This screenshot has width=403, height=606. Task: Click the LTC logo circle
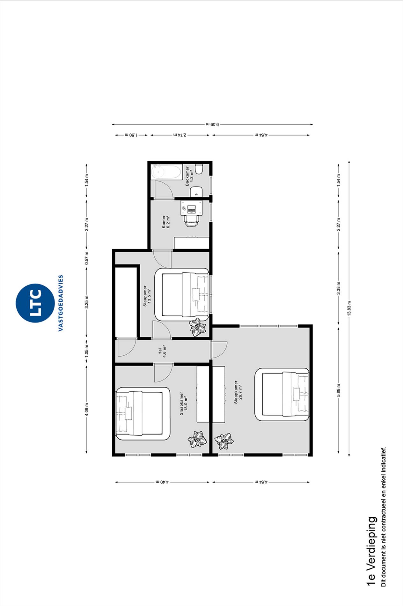(x=35, y=303)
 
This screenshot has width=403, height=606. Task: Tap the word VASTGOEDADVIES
(x=61, y=303)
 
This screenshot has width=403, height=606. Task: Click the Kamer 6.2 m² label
(x=166, y=221)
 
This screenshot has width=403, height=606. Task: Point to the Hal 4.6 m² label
(x=162, y=351)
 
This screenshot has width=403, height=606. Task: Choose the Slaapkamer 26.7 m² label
(x=238, y=392)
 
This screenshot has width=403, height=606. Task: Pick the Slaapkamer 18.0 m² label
(x=183, y=403)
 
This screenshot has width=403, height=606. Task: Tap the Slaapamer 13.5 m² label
(x=147, y=296)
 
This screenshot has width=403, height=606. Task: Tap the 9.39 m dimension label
(x=212, y=124)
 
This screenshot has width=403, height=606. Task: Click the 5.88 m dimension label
(x=339, y=390)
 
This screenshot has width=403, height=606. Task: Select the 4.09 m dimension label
(x=86, y=409)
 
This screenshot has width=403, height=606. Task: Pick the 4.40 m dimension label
(x=162, y=482)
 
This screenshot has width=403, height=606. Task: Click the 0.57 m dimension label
(x=86, y=258)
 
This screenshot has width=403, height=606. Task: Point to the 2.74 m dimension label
(x=180, y=135)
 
